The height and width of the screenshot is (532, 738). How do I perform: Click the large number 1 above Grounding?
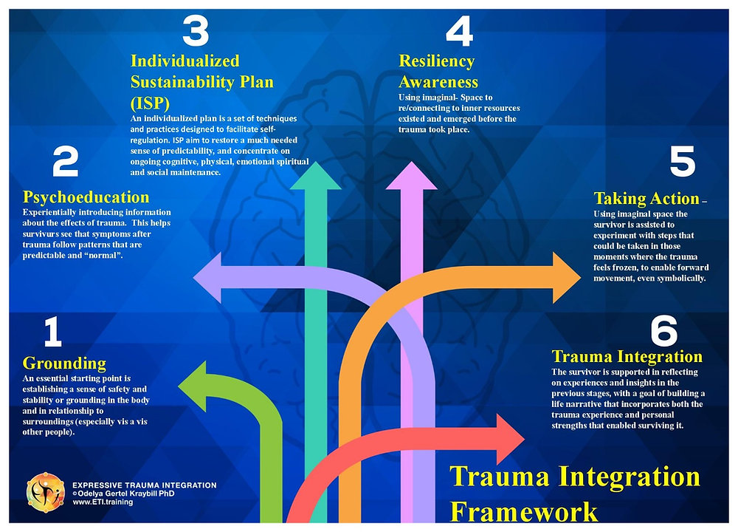point(52,333)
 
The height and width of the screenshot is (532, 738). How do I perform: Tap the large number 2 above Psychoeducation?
point(65,163)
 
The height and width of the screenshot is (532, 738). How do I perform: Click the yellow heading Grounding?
point(64,363)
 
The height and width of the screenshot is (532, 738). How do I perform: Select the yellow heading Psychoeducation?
point(86,197)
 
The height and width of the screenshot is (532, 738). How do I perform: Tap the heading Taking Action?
point(646,198)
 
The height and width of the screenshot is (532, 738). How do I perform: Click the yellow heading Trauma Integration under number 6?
point(627,357)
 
